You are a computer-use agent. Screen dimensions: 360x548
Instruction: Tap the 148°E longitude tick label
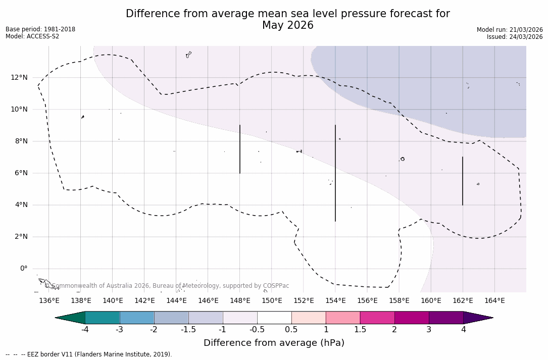[x=240, y=301]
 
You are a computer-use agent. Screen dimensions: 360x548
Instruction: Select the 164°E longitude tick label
[x=494, y=301]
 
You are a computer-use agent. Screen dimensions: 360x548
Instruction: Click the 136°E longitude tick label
[x=49, y=301]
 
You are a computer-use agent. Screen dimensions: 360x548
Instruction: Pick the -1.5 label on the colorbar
[x=188, y=330]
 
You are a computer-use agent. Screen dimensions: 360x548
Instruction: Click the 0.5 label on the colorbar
[x=291, y=330]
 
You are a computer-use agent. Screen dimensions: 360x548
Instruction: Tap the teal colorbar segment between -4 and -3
[x=103, y=318]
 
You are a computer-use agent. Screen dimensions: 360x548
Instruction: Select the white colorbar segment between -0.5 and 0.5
[x=274, y=318]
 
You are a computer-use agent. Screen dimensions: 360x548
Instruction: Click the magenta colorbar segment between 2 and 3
[x=412, y=318]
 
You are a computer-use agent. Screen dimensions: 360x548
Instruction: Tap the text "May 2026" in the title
[x=287, y=25]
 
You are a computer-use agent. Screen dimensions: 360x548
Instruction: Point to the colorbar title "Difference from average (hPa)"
[x=274, y=343]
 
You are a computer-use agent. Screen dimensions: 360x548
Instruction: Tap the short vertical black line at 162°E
[x=463, y=181]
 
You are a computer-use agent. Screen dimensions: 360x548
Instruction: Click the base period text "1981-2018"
[x=60, y=29]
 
